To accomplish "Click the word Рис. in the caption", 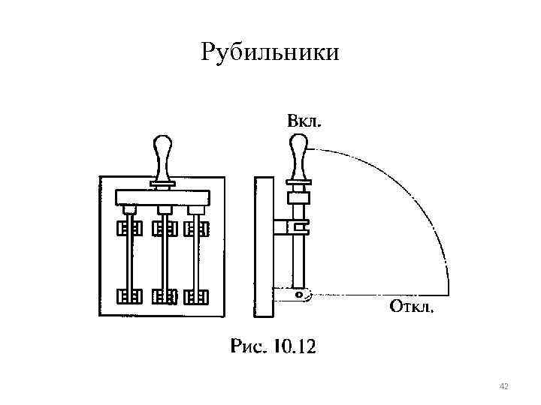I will point(250,346).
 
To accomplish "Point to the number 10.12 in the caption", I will point(295,346).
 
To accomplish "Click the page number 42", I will point(503,386).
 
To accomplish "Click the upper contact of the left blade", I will point(128,228).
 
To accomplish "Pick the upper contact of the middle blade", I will point(163,228).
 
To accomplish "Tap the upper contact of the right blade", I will point(198,228).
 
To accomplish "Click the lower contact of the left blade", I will point(128,297).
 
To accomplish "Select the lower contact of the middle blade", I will point(163,297).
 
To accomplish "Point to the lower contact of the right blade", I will point(198,297).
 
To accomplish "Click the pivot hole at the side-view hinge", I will point(300,295).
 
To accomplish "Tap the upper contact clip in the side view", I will point(292,225).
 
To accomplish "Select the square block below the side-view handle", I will point(299,199).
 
